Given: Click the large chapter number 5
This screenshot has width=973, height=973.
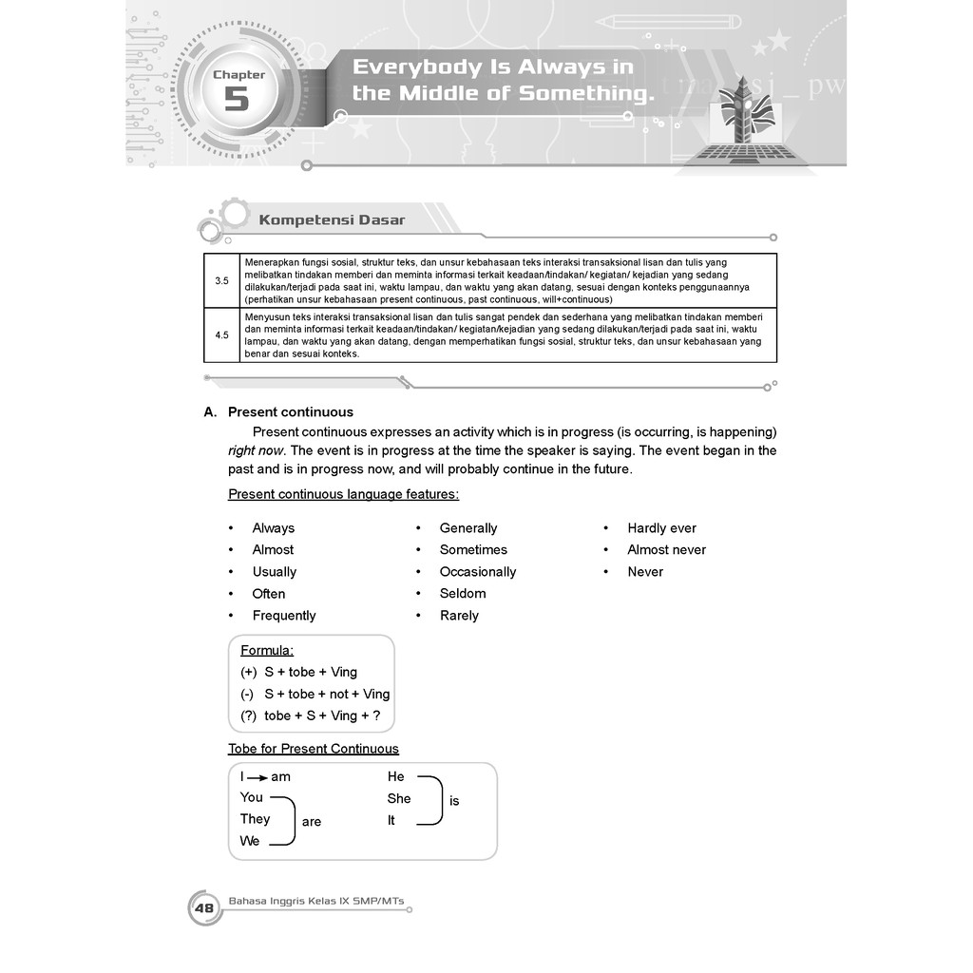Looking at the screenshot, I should click(x=236, y=99).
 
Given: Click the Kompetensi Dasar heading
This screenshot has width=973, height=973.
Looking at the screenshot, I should click(x=332, y=220).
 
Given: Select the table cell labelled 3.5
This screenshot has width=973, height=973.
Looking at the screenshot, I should click(x=221, y=280).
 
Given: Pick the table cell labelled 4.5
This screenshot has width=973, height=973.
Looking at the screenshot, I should click(x=221, y=335).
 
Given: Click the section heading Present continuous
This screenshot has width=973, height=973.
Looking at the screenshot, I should click(x=291, y=412).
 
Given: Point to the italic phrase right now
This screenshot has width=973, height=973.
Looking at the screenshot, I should click(x=256, y=450).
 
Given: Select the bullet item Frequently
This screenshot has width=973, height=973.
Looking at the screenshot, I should click(x=284, y=616).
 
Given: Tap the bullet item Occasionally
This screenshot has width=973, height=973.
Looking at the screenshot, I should click(x=478, y=572).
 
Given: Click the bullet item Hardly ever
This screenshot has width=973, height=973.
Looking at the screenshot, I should click(x=661, y=528).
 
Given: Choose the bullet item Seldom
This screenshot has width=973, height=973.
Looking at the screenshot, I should click(x=463, y=594).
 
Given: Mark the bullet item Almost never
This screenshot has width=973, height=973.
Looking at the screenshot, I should click(x=666, y=550).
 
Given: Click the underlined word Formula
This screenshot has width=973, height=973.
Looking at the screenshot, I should click(x=267, y=651).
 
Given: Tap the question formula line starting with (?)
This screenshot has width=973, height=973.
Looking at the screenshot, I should click(x=310, y=716).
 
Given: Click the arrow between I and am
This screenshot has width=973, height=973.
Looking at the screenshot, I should click(x=258, y=777).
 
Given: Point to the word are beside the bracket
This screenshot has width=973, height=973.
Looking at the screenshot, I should click(x=312, y=822).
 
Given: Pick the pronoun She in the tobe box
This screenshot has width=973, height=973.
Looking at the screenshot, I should click(x=399, y=799).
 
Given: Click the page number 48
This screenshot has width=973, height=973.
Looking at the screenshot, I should click(x=204, y=909).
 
